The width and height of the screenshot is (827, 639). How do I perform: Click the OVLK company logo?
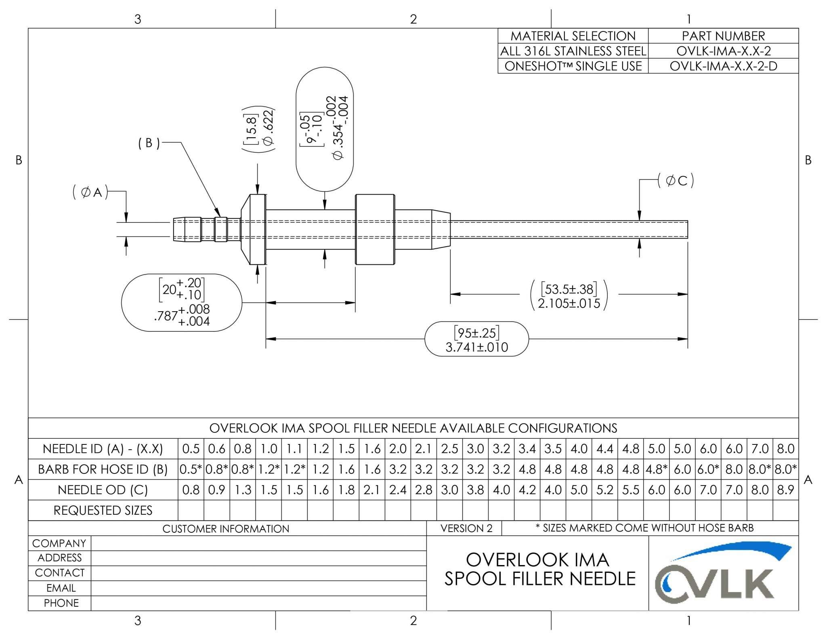[723, 573]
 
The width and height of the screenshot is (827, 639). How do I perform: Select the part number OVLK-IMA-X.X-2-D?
[723, 66]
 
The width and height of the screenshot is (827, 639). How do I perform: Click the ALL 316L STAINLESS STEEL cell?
[573, 51]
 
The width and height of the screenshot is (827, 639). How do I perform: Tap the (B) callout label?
[149, 143]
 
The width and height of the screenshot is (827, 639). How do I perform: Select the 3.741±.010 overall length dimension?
[476, 347]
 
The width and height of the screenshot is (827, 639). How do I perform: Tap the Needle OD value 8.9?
[785, 490]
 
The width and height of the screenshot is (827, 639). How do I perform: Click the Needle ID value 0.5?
[191, 448]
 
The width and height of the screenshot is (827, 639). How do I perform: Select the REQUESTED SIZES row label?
[103, 510]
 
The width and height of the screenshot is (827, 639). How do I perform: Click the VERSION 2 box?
[466, 528]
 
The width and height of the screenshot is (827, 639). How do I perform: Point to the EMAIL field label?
[61, 588]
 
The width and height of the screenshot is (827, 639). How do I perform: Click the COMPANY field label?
[59, 543]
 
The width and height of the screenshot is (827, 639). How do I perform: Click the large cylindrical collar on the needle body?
[375, 229]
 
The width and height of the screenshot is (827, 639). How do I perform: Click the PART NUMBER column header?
[723, 36]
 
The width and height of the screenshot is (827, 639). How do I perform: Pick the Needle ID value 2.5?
[449, 448]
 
